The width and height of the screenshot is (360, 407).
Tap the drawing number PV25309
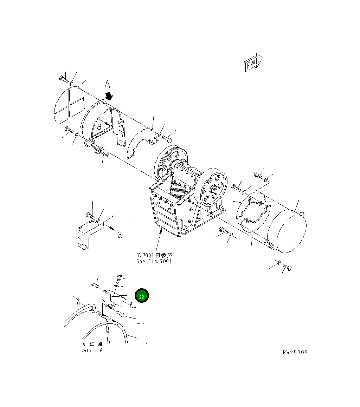click(x=295, y=352)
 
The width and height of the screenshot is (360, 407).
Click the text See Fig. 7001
click(x=154, y=261)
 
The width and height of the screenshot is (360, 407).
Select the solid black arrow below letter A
click(x=110, y=96)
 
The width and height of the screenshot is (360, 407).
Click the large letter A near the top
click(x=108, y=85)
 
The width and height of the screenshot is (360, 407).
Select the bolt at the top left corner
click(x=64, y=79)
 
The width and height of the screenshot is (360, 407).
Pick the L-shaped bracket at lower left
click(x=88, y=234)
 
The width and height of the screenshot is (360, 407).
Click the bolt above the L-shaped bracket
click(x=90, y=216)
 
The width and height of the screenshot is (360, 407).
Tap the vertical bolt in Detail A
click(x=119, y=280)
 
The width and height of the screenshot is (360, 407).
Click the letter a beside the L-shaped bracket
click(x=120, y=235)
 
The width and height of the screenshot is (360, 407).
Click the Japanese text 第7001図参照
click(x=154, y=255)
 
